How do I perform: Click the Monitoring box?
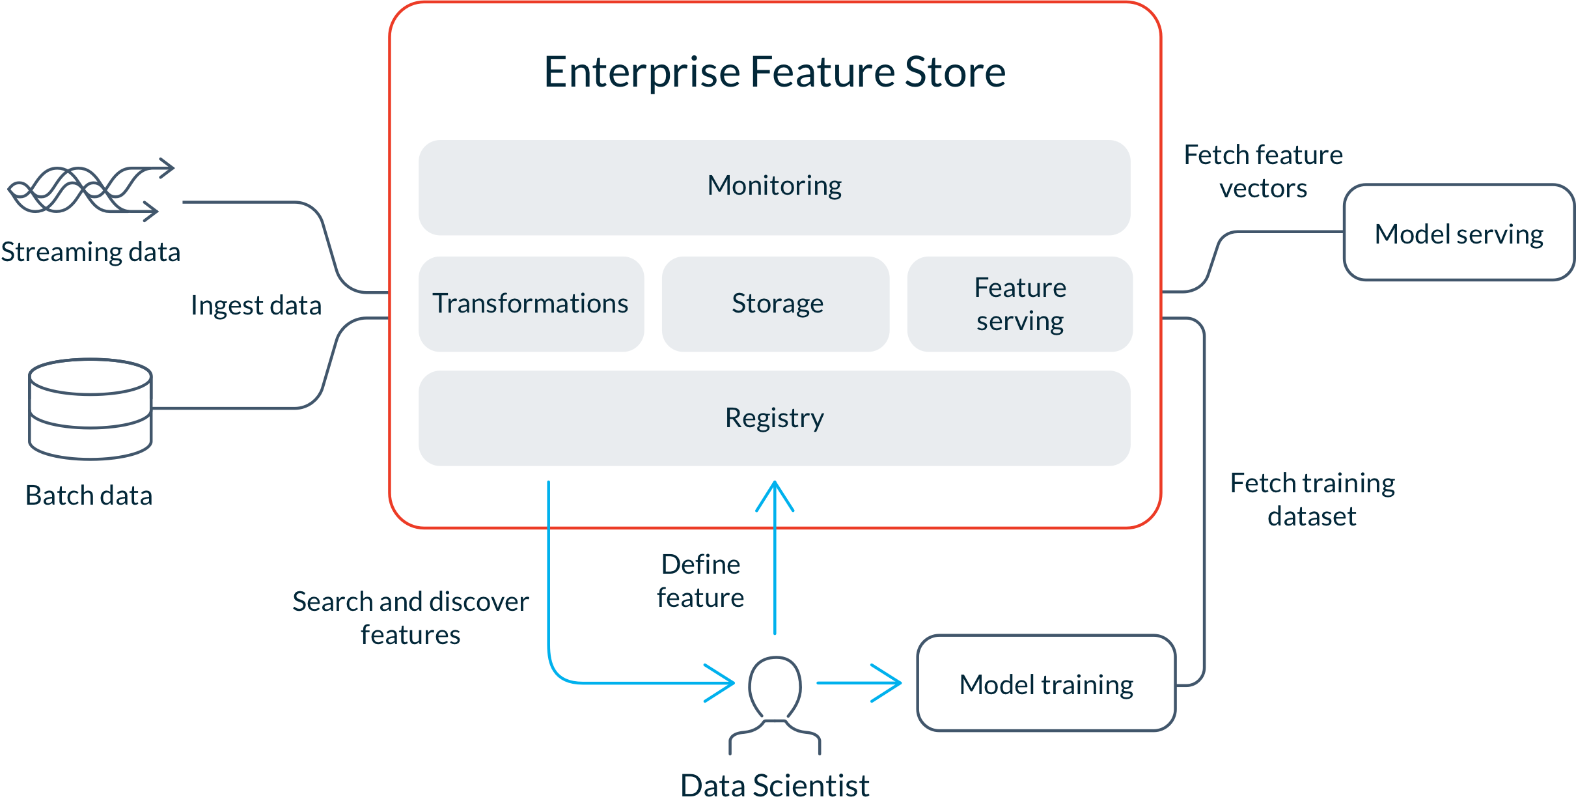point(774,187)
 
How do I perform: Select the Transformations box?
point(531,303)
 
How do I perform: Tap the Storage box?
point(776,303)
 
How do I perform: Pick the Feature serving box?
point(1020,303)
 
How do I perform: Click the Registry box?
point(774,418)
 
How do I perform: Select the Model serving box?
point(1458,233)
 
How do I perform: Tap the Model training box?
point(1046,684)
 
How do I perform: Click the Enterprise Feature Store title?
point(774,72)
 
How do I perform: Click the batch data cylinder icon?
point(90,409)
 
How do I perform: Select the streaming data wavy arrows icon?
point(91,189)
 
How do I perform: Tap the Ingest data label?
point(256,305)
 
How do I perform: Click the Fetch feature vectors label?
point(1263,171)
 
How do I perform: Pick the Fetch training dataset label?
point(1312,499)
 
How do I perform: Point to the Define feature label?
point(700,581)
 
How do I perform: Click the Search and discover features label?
point(410,618)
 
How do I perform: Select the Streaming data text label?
point(90,252)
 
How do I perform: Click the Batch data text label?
point(89,496)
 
